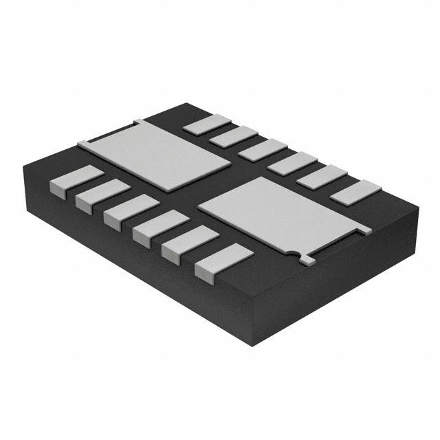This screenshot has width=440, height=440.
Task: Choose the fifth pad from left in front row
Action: [x=183, y=245]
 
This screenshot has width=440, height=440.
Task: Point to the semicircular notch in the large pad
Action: [x=297, y=256]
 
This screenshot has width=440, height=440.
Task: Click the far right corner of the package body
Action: [x=417, y=204]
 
